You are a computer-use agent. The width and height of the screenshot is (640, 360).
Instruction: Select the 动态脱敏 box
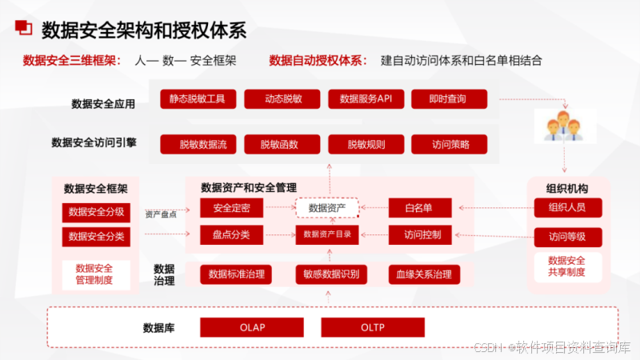tap(282, 99)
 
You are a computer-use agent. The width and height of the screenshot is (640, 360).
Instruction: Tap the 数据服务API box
tap(366, 99)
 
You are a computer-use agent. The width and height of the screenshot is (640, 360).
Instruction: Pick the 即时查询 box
tap(449, 99)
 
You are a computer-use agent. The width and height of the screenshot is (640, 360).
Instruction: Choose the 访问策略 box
tap(449, 145)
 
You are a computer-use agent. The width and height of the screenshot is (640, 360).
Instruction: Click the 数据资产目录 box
tap(326, 235)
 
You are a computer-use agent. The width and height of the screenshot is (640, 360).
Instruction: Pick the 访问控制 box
tap(421, 235)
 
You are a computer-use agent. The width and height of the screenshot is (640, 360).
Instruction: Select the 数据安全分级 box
tap(96, 212)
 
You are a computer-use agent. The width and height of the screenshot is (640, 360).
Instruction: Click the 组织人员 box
tap(567, 208)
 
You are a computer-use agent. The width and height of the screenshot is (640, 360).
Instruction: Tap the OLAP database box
tap(251, 327)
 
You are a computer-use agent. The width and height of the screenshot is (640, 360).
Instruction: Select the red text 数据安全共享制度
tap(567, 266)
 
